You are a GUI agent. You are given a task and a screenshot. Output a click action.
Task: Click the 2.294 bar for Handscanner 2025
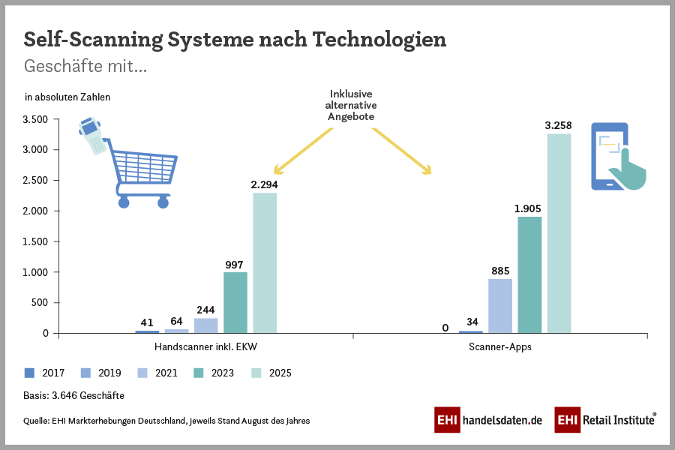(x=265, y=262)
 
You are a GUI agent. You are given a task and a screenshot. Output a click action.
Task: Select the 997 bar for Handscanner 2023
(x=235, y=302)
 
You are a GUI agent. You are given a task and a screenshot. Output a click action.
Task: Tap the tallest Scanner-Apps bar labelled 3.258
(x=559, y=233)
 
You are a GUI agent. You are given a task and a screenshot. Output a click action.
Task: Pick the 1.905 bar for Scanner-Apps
(x=529, y=274)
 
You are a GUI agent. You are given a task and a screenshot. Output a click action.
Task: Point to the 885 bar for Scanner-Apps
(x=500, y=306)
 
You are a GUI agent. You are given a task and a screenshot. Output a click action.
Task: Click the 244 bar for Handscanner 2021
(x=206, y=325)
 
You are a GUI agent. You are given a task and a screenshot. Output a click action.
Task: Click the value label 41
(x=147, y=322)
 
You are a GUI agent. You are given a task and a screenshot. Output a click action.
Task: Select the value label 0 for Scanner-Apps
(x=445, y=328)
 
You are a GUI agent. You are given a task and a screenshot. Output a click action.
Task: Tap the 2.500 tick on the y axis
(x=35, y=181)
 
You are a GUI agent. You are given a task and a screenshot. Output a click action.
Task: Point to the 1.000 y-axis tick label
(x=35, y=272)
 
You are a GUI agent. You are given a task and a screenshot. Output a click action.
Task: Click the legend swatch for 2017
(x=30, y=373)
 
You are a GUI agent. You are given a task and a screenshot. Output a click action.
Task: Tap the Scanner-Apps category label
(x=499, y=348)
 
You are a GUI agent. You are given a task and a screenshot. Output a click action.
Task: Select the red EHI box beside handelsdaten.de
(x=447, y=420)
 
